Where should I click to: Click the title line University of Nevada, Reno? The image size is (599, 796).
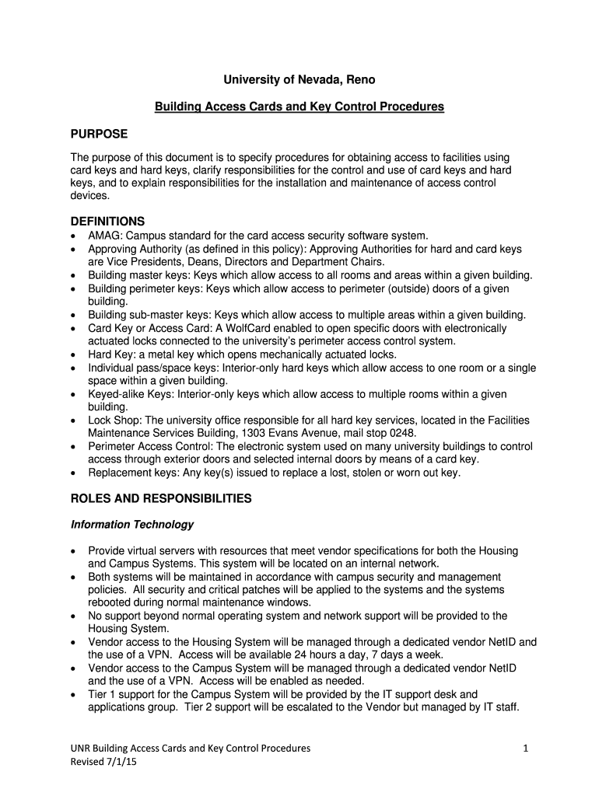tap(299, 79)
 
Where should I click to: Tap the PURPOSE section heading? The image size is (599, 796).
tap(99, 134)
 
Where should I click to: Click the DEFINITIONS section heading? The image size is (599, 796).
tap(108, 222)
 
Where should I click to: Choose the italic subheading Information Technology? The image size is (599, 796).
tap(132, 525)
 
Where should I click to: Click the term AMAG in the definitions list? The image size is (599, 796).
tap(105, 236)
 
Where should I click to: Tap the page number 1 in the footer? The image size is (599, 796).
tap(526, 748)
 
